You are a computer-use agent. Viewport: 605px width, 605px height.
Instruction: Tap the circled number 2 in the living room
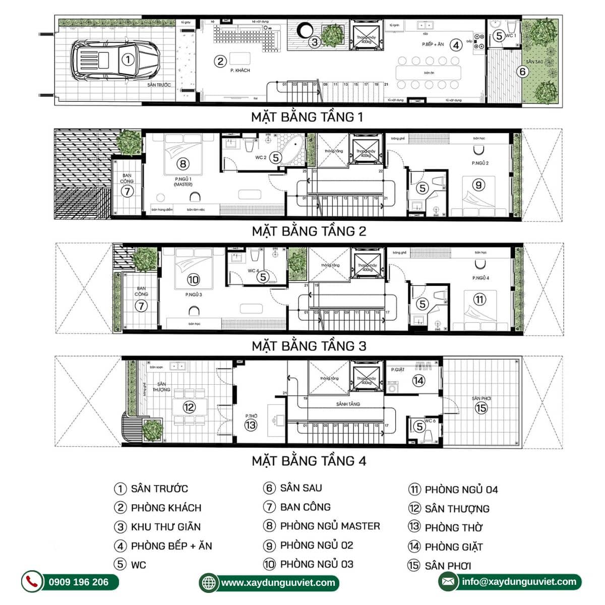pyautogui.click(x=220, y=62)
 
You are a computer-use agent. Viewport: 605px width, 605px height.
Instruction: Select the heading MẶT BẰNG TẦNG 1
pyautogui.click(x=307, y=117)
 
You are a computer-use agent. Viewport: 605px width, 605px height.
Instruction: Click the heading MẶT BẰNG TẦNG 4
pyautogui.click(x=309, y=461)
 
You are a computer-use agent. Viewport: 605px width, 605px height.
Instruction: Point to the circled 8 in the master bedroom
pyautogui.click(x=183, y=163)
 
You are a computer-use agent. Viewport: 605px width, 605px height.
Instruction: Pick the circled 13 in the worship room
pyautogui.click(x=251, y=425)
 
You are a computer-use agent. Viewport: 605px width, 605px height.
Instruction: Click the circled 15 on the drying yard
pyautogui.click(x=481, y=408)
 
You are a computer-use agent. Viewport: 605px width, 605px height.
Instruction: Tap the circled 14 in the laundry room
pyautogui.click(x=418, y=381)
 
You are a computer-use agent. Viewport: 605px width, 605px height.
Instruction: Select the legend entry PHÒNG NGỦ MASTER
pyautogui.click(x=330, y=526)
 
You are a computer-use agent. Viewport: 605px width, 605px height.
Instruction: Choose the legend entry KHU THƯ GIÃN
pyautogui.click(x=165, y=527)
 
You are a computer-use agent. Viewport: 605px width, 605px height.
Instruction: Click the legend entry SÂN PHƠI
pyautogui.click(x=448, y=566)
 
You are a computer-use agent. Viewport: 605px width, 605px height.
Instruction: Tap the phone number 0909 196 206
pyautogui.click(x=79, y=582)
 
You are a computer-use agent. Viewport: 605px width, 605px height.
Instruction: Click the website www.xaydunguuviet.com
pyautogui.click(x=278, y=583)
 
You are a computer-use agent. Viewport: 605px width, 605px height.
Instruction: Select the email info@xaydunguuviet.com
pyautogui.click(x=519, y=582)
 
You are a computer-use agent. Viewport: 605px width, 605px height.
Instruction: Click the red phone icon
pyautogui.click(x=32, y=582)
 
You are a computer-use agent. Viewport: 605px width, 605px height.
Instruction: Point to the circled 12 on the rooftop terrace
pyautogui.click(x=189, y=407)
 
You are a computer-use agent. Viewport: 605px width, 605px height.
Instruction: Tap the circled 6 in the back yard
pyautogui.click(x=522, y=72)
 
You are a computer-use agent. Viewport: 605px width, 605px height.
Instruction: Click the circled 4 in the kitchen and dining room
pyautogui.click(x=456, y=45)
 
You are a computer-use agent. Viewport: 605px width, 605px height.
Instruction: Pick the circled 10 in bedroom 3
pyautogui.click(x=193, y=280)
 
